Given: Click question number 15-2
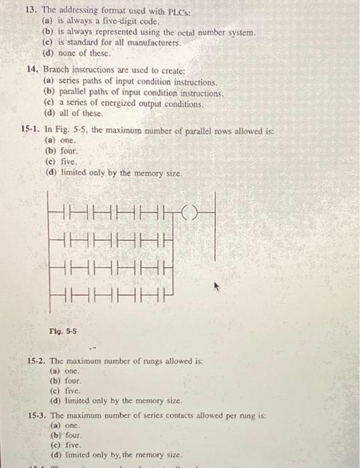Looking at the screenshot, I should coord(37,361).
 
